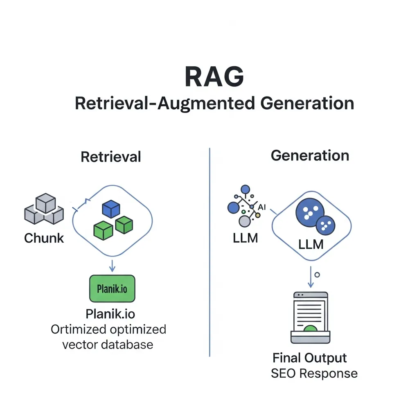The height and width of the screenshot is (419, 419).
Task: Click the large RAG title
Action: [214, 76]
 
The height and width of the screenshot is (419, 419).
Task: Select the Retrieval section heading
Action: [111, 157]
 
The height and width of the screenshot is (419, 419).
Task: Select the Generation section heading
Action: [310, 155]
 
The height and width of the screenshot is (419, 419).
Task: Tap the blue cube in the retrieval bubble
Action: [110, 209]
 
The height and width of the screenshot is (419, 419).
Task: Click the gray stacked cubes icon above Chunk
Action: [44, 209]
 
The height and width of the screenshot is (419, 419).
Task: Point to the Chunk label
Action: [44, 238]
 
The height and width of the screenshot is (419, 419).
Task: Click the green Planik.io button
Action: [112, 288]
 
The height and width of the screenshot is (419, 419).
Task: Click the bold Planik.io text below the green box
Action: [110, 314]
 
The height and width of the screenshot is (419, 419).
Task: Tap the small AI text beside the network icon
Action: [262, 207]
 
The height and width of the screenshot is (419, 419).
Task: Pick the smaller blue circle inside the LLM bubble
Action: [325, 225]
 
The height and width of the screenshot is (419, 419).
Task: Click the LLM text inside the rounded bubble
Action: [311, 244]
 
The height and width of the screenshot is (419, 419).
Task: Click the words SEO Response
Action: [314, 373]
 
